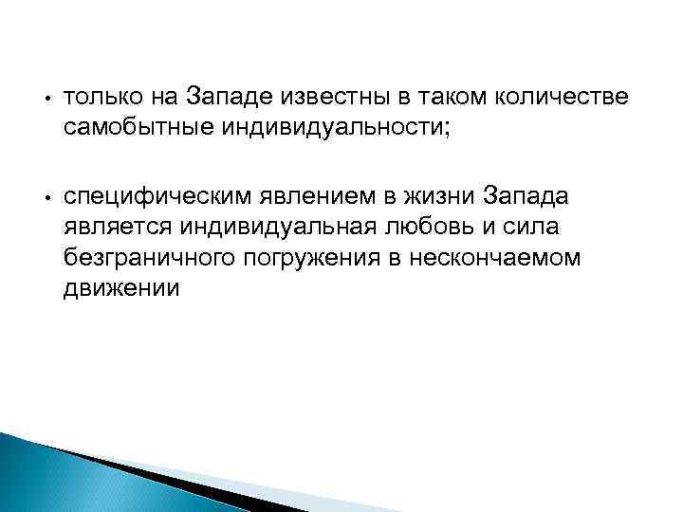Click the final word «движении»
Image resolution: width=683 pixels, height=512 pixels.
tap(120, 288)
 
